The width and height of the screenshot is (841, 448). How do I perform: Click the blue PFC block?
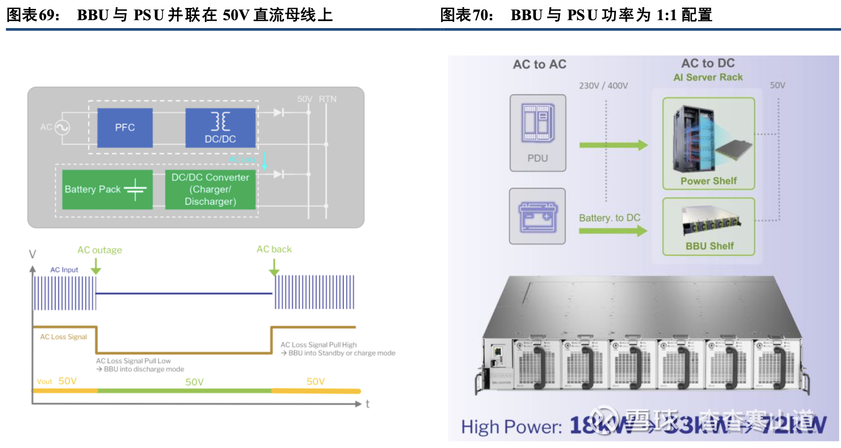tap(125, 127)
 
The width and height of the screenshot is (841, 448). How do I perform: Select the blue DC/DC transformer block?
tap(220, 127)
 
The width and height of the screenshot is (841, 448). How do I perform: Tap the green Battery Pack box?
tap(107, 189)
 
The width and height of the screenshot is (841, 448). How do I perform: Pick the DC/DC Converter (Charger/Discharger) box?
tap(210, 189)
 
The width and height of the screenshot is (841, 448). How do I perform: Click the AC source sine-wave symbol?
tap(62, 127)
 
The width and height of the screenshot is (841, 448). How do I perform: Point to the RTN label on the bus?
tap(328, 99)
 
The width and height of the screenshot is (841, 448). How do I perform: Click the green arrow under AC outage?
tap(96, 266)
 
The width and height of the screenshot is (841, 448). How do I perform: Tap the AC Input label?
tap(64, 270)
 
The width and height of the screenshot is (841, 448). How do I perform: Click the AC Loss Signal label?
tap(63, 337)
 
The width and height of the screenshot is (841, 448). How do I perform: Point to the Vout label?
tap(45, 382)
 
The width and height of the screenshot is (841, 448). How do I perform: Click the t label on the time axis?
tap(368, 404)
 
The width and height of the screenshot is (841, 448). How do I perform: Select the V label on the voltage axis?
tap(32, 254)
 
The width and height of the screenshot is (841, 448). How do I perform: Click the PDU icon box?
tap(538, 133)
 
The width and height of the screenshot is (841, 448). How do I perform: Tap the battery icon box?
tap(537, 216)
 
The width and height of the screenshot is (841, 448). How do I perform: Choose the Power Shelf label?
tap(708, 181)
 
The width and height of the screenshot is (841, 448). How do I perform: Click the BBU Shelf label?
tap(709, 246)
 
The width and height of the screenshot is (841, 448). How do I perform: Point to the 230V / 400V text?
tap(603, 86)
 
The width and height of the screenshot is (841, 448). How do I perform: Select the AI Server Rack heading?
tap(708, 77)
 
